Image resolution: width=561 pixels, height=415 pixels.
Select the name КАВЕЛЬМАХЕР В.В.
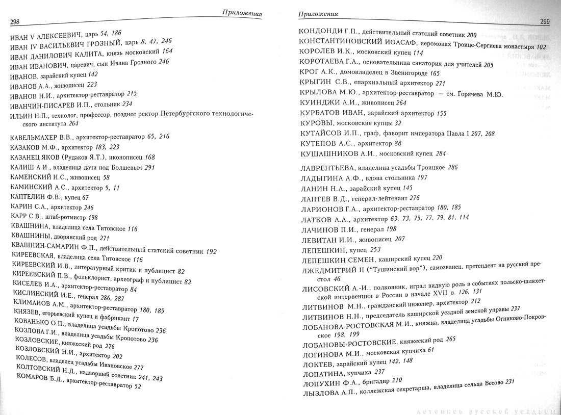tap(41, 137)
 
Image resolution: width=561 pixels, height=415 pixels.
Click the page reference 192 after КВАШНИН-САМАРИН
tap(211, 251)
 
